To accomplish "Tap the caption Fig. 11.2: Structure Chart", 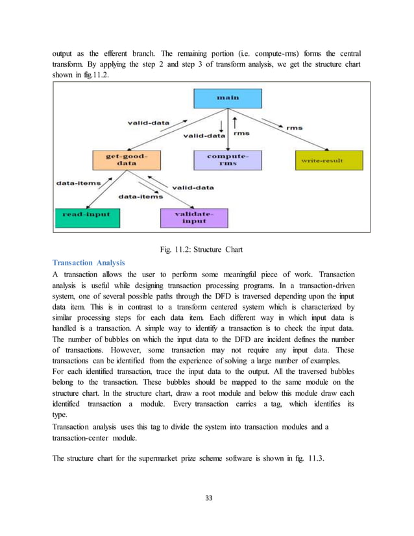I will pos(206,248).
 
